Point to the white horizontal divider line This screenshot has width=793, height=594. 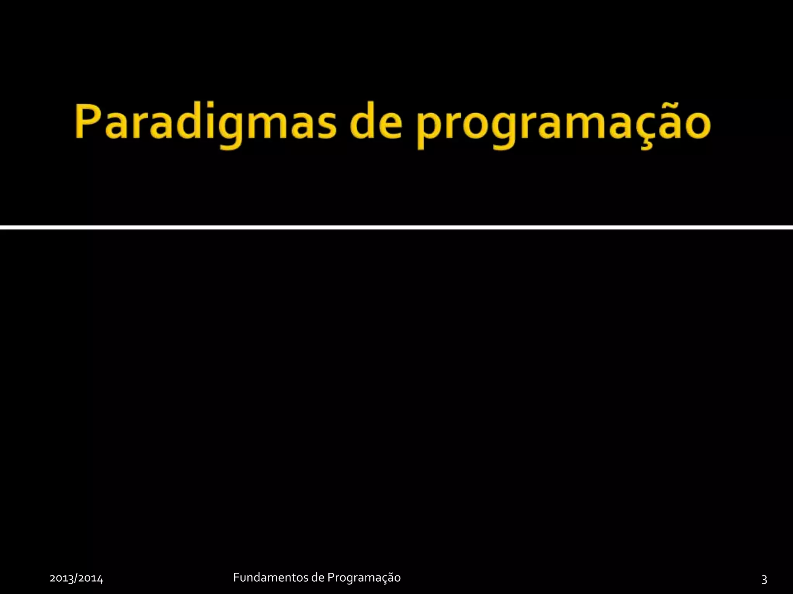[396, 227]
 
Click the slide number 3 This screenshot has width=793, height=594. [764, 579]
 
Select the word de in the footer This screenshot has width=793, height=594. [318, 577]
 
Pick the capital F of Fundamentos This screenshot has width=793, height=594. [236, 577]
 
